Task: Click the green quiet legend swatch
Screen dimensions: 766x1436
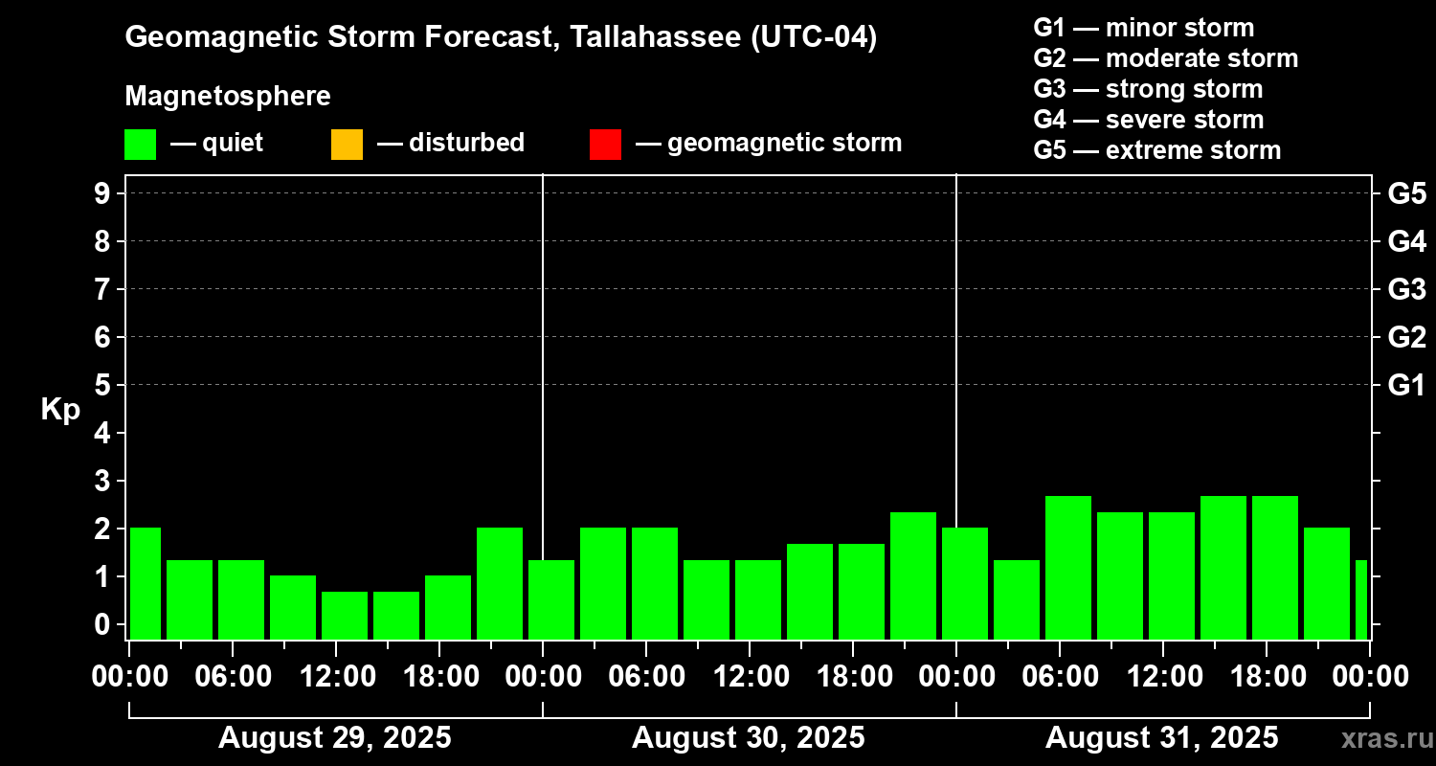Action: point(140,144)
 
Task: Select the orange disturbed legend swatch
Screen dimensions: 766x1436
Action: point(347,144)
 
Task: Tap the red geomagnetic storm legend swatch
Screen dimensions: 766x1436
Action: point(605,144)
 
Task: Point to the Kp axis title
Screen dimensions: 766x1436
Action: point(60,410)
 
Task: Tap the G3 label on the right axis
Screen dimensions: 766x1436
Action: point(1406,289)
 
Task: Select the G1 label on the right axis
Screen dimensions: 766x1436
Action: point(1406,386)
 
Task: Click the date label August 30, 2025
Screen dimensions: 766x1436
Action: point(748,738)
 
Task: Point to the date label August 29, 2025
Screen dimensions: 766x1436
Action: point(335,738)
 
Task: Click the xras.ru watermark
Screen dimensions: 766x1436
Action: point(1381,738)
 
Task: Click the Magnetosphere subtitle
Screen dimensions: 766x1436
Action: point(228,97)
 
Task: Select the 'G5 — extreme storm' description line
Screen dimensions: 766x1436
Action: point(1156,150)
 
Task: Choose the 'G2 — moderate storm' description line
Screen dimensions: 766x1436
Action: point(1165,58)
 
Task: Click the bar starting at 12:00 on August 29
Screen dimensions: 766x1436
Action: point(345,616)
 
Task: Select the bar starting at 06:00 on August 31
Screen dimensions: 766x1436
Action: point(1068,568)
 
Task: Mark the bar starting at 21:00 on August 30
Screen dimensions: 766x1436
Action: point(913,575)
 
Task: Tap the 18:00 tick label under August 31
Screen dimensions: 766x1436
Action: point(1266,677)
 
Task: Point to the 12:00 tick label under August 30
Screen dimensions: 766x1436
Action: point(749,677)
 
